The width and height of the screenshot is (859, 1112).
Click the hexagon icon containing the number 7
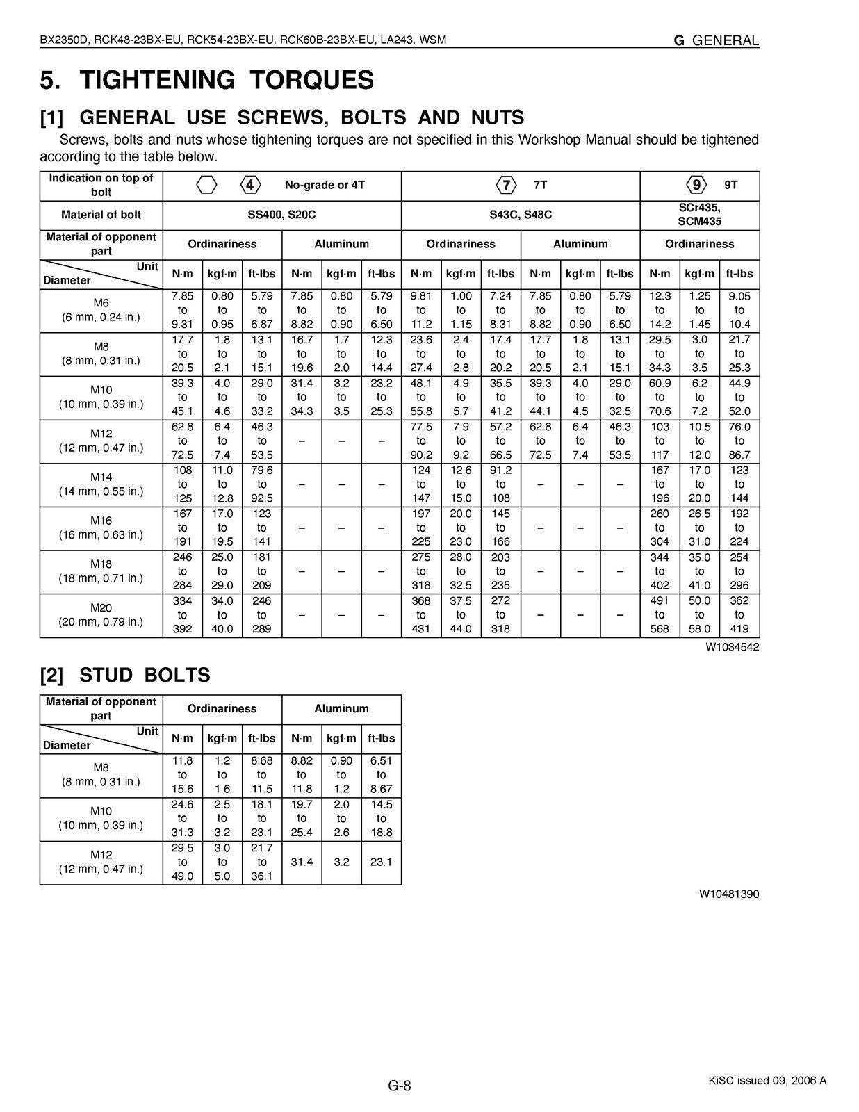pos(507,186)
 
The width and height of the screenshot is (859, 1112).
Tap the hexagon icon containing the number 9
pos(696,186)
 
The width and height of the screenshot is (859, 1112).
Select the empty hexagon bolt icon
pos(206,186)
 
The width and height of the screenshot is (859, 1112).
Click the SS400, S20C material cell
pos(281,215)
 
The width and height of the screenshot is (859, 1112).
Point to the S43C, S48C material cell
pos(521,215)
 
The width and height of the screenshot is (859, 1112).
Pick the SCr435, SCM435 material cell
pos(699,215)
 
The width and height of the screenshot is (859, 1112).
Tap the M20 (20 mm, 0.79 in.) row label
pos(101,615)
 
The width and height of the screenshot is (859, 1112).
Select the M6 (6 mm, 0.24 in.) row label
pos(101,310)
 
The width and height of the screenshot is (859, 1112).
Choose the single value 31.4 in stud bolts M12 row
pos(302,862)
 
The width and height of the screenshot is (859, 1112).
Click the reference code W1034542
pos(733,647)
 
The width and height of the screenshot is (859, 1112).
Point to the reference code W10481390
pos(729,894)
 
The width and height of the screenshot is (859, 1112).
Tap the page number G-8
pos(400,1086)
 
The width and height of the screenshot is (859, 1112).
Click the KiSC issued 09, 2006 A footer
pos(767,1080)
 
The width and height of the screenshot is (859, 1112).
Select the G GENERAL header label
pos(716,40)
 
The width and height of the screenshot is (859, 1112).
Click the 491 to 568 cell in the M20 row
pos(660,615)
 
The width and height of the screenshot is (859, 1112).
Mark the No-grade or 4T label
pos(325,186)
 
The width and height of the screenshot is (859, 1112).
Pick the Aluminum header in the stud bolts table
pos(341,709)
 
